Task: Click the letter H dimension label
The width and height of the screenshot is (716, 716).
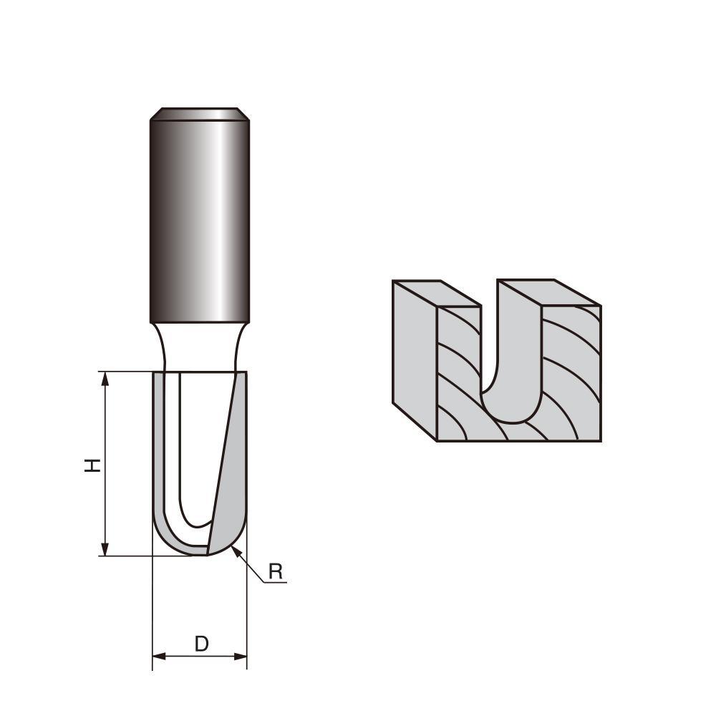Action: click(92, 465)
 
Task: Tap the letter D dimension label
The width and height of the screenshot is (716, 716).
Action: click(201, 644)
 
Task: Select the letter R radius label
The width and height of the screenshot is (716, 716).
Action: click(276, 571)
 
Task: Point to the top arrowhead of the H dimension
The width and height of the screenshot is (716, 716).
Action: click(105, 378)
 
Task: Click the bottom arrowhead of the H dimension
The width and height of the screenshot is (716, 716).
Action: click(105, 549)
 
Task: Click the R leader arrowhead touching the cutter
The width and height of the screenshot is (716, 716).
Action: click(237, 551)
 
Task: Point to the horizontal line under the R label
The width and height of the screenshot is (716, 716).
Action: click(276, 583)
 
